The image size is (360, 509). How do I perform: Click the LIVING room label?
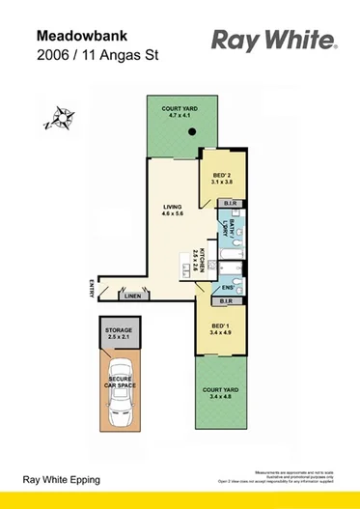pos(172,207)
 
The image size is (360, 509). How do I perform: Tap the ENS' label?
pos(229,287)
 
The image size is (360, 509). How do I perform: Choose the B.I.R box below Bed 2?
pos(230,204)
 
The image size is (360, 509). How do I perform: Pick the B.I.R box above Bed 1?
pos(230,301)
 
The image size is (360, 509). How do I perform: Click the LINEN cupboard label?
pos(133,297)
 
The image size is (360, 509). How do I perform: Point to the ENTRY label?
pos(90,287)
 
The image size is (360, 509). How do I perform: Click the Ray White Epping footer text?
pos(62,480)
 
